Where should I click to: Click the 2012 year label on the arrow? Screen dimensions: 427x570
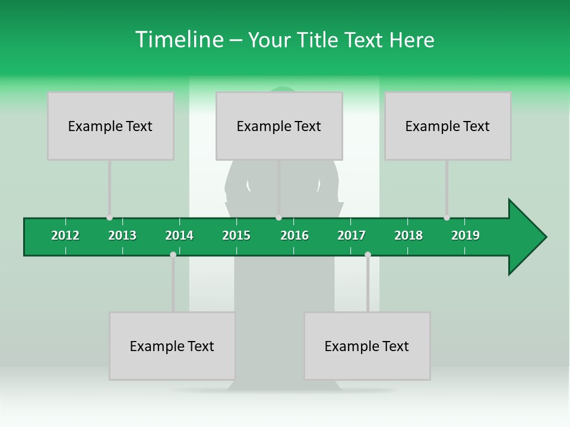pyautogui.click(x=65, y=235)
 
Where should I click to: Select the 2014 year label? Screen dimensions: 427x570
pyautogui.click(x=179, y=235)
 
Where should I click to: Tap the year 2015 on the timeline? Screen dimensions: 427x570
pyautogui.click(x=236, y=235)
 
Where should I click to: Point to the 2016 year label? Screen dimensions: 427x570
pyautogui.click(x=294, y=235)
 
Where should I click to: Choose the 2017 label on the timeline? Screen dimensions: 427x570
pyautogui.click(x=351, y=235)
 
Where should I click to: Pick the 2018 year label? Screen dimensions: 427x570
pyautogui.click(x=408, y=235)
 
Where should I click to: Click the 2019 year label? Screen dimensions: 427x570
pyautogui.click(x=465, y=235)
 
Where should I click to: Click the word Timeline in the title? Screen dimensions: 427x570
pyautogui.click(x=179, y=40)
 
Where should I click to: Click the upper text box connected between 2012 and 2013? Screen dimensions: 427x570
pyautogui.click(x=110, y=126)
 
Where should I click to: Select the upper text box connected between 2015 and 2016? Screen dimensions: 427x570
pyautogui.click(x=279, y=126)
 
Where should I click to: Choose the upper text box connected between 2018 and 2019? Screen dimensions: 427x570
pyautogui.click(x=448, y=126)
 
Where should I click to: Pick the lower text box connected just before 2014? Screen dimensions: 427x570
pyautogui.click(x=172, y=346)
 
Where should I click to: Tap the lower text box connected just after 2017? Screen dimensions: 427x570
pyautogui.click(x=367, y=346)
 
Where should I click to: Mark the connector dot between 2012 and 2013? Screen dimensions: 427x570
pyautogui.click(x=109, y=218)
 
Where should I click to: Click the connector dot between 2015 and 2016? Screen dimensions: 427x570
pyautogui.click(x=279, y=218)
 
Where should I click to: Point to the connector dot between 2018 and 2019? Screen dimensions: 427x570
pyautogui.click(x=446, y=218)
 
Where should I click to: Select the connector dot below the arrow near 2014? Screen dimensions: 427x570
pyautogui.click(x=173, y=254)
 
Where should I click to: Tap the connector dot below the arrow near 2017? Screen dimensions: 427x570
pyautogui.click(x=368, y=254)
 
